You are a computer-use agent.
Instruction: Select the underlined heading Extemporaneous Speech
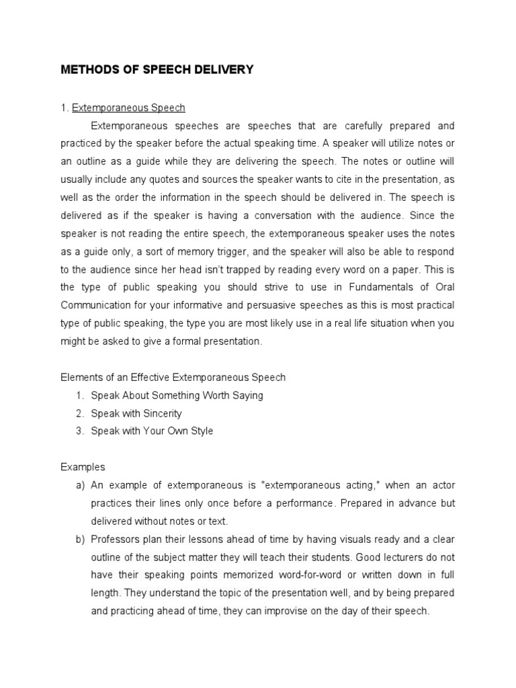pos(128,107)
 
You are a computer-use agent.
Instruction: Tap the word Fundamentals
pos(373,287)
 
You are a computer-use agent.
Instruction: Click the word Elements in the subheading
pos(80,377)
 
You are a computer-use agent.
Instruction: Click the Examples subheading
pos(83,467)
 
